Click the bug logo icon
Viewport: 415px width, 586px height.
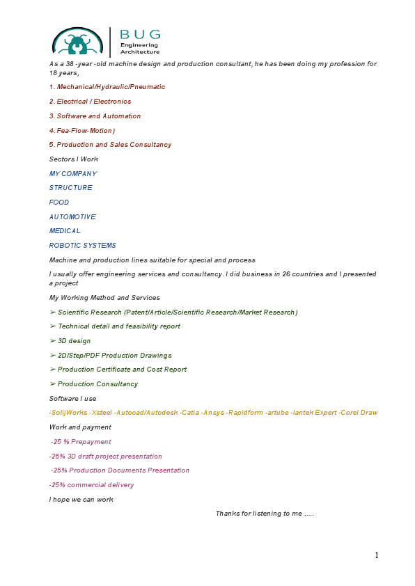click(x=78, y=42)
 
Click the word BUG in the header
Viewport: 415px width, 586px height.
click(x=140, y=33)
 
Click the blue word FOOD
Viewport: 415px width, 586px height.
click(x=59, y=203)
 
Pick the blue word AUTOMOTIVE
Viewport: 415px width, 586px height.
click(x=72, y=217)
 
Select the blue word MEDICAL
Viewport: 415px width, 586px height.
click(x=65, y=231)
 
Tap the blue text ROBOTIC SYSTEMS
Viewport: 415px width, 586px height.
click(x=82, y=246)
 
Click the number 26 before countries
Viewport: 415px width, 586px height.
click(x=286, y=274)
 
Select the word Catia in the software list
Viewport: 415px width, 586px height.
click(x=189, y=413)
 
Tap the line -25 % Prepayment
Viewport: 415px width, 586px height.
click(x=81, y=442)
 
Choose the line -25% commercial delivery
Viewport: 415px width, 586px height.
click(x=91, y=485)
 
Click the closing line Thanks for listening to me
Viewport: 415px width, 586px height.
click(x=265, y=514)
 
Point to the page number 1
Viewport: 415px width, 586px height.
click(x=377, y=555)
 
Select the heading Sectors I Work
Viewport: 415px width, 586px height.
click(x=74, y=159)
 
